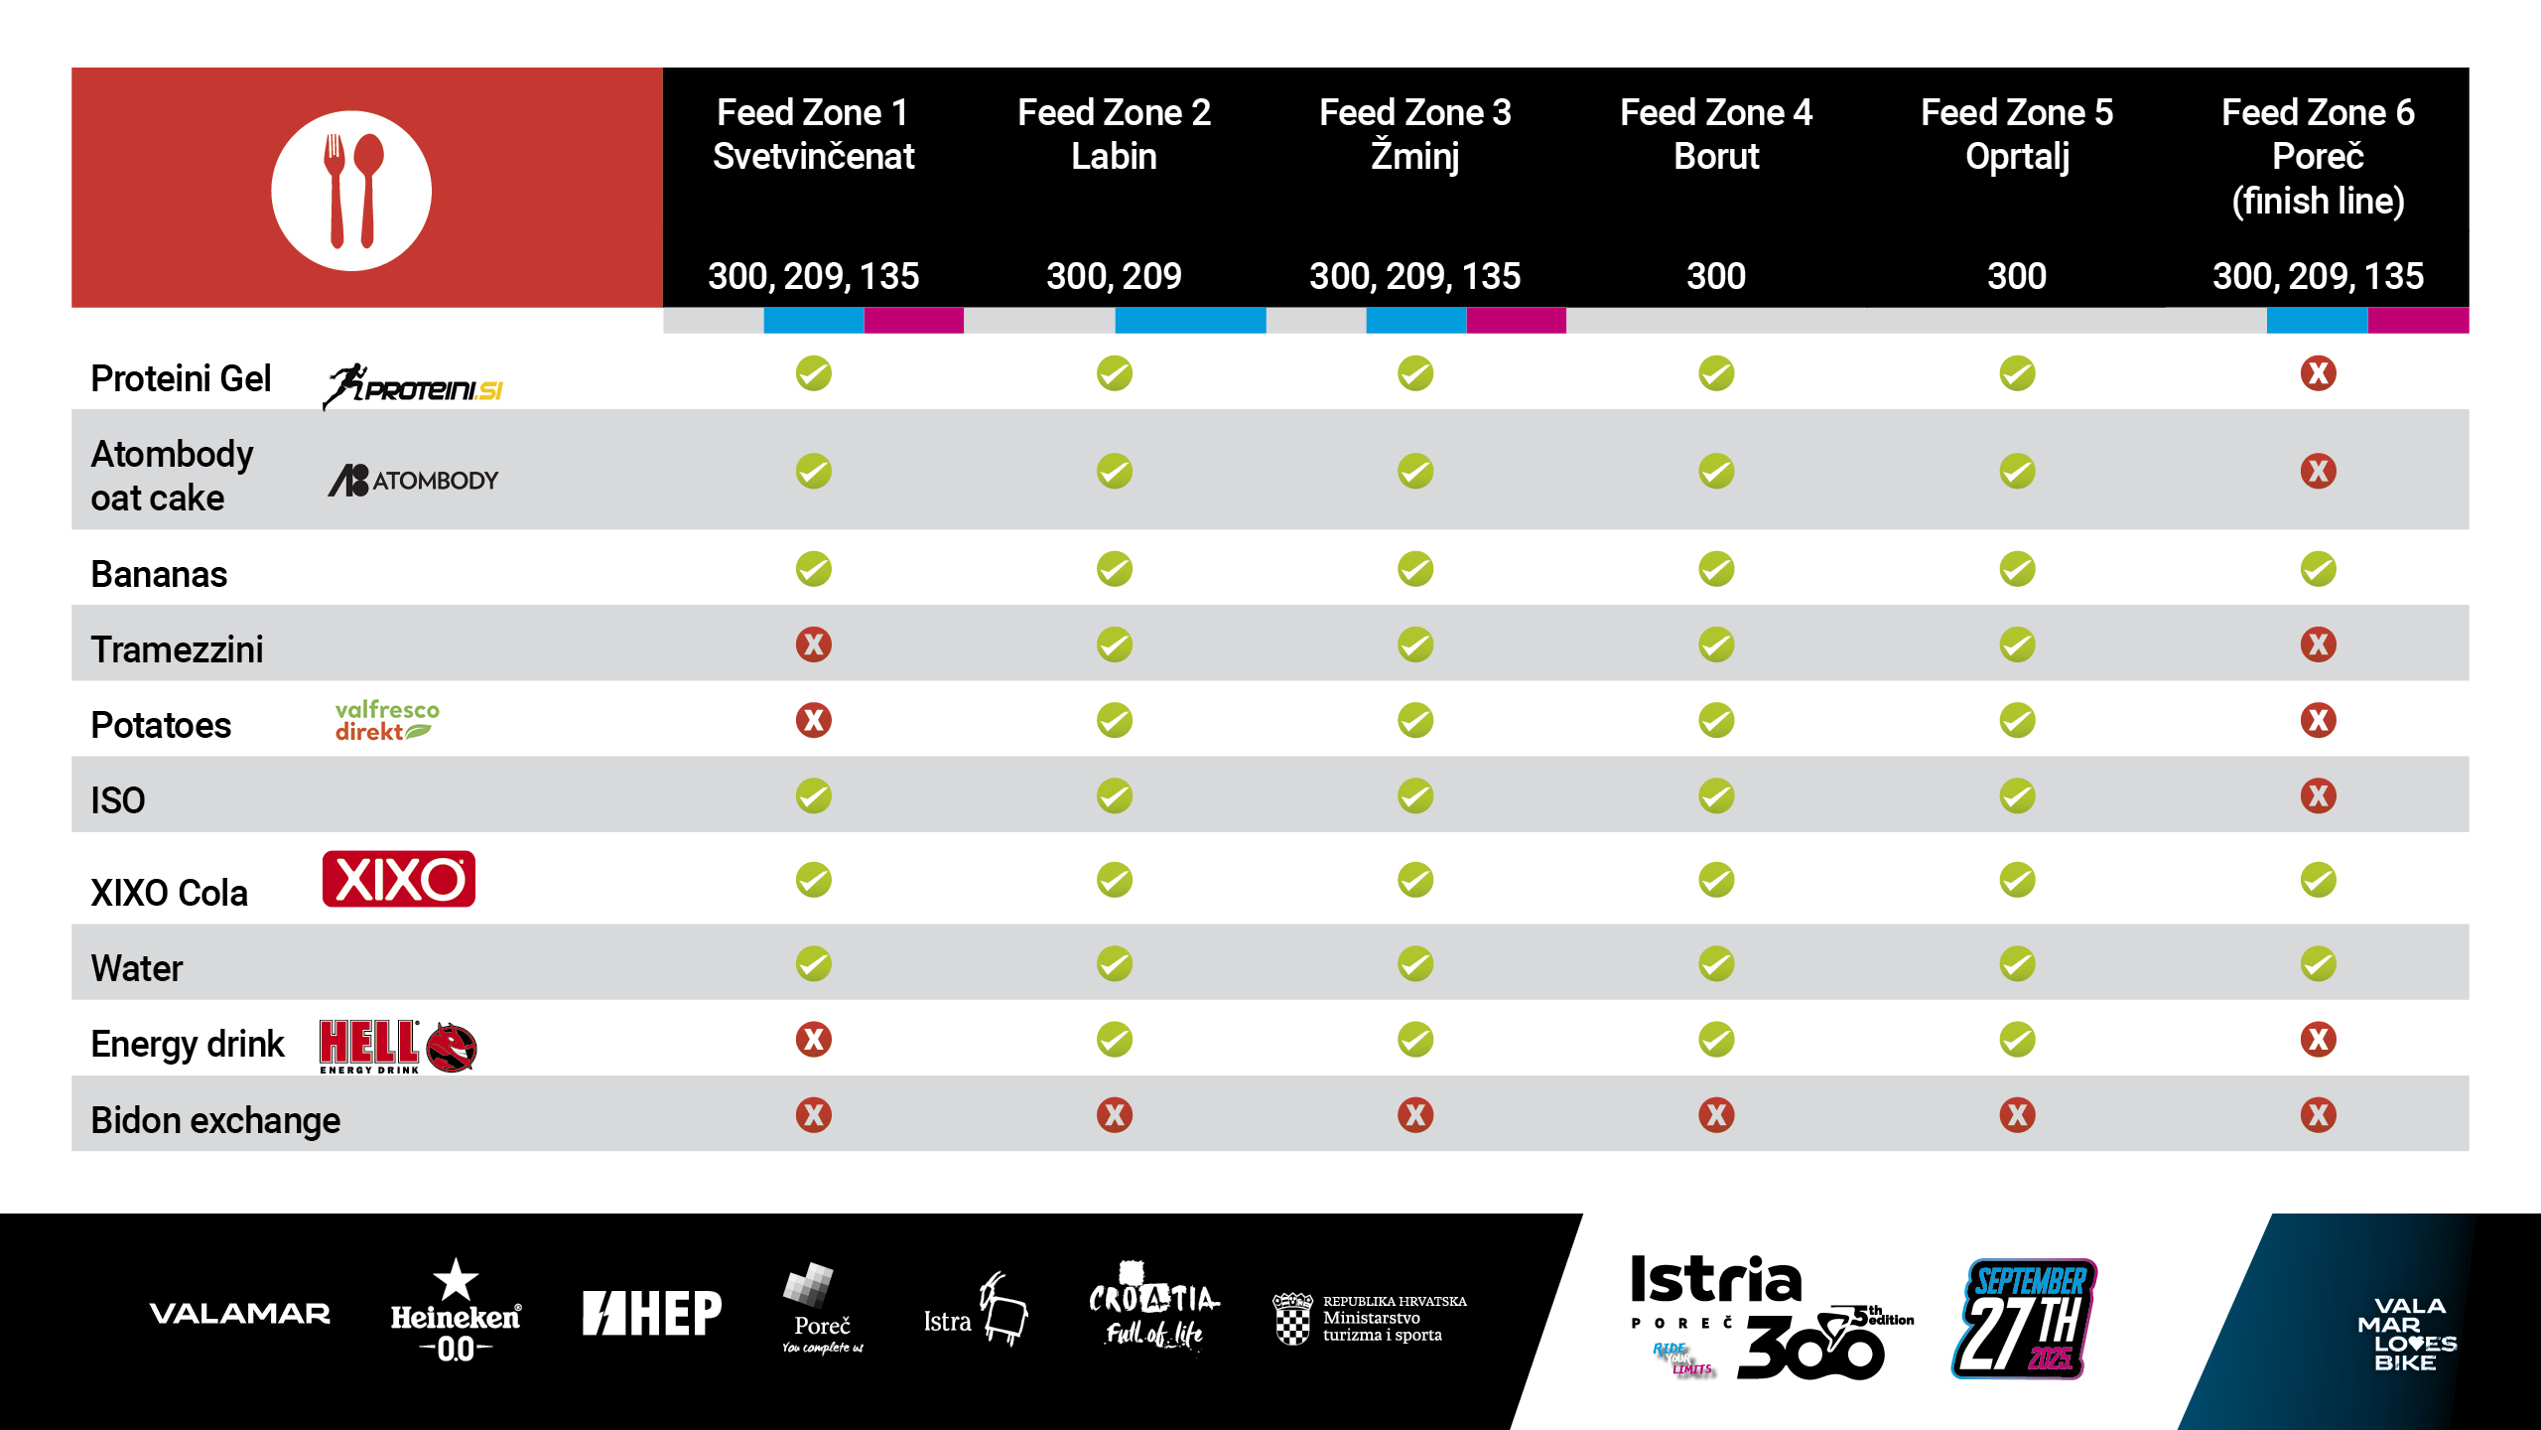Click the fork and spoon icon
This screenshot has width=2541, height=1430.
351,190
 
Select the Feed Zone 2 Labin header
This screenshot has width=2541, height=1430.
1114,134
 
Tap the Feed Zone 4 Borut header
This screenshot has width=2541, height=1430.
1715,134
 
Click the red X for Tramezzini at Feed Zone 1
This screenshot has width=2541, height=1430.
813,644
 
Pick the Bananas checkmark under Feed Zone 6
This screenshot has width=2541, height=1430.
2318,569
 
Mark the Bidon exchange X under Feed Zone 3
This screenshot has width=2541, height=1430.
1414,1115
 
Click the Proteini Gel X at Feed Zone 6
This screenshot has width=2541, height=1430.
2318,373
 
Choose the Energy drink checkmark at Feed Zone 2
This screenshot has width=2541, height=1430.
1114,1040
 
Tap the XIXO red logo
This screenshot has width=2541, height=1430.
398,879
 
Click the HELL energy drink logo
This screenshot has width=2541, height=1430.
397,1046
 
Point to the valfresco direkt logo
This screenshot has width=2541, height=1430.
386,721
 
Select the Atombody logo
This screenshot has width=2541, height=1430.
413,481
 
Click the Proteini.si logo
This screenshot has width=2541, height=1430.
413,386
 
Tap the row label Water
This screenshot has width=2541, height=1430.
137,968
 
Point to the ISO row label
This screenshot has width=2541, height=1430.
118,800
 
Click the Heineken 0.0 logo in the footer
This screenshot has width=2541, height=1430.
456,1311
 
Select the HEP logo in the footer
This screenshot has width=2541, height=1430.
651,1313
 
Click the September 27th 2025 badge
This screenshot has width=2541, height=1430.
2025,1319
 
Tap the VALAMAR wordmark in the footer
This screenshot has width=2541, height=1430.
239,1314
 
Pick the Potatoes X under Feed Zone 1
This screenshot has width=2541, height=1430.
813,720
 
